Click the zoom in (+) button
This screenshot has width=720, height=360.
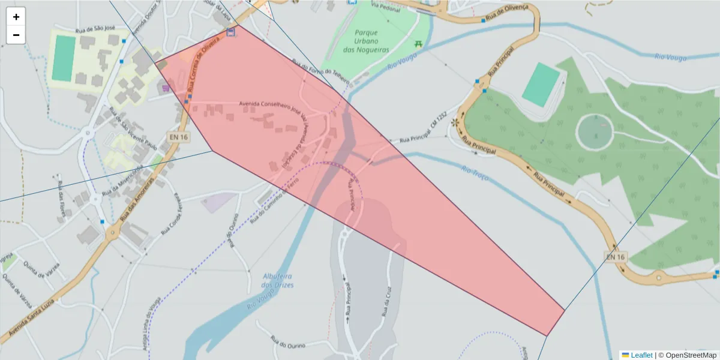click(16, 17)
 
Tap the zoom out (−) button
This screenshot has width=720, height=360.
click(16, 35)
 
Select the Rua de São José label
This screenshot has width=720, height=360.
click(95, 29)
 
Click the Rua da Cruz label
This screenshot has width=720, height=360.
click(387, 303)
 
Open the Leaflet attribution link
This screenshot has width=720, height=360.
click(641, 355)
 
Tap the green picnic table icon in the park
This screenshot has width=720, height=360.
click(418, 44)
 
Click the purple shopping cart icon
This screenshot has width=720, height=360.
click(166, 88)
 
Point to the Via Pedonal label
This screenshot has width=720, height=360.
click(384, 5)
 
